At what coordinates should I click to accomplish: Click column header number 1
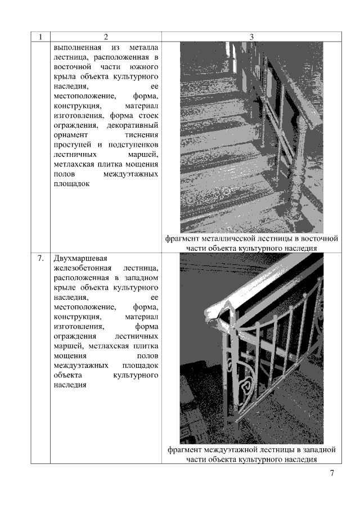click(x=40, y=37)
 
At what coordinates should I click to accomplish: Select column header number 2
click(x=106, y=37)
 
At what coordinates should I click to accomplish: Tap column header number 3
click(x=251, y=37)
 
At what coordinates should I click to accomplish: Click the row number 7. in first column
click(x=40, y=258)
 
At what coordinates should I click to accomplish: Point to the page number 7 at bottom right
click(x=332, y=472)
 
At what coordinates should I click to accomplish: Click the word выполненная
click(x=77, y=48)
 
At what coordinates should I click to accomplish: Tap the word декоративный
click(x=132, y=125)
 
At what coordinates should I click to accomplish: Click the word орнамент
click(x=70, y=135)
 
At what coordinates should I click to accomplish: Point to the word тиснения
click(x=142, y=135)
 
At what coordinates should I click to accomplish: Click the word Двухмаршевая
click(x=80, y=259)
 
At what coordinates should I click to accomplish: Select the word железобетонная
click(x=83, y=268)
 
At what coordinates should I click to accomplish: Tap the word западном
click(x=140, y=278)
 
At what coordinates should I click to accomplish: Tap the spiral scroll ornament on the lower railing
click(x=245, y=386)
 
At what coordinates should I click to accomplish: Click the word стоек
click(x=148, y=115)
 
